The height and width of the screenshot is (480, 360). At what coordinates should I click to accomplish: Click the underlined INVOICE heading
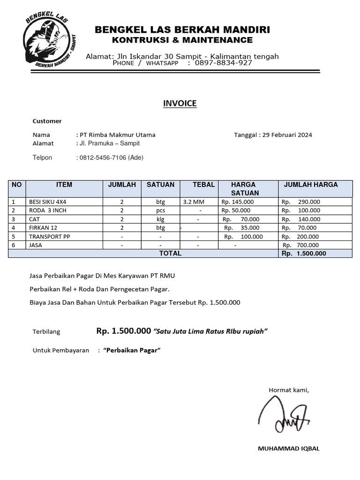coord(180,104)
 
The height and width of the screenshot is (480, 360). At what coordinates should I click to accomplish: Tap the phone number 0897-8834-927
coord(224,63)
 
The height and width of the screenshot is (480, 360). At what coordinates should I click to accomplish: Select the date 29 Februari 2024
coord(287,135)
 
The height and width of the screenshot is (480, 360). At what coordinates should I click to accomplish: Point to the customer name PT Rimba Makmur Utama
coord(118,135)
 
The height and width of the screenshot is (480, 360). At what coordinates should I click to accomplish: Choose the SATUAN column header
coord(160,185)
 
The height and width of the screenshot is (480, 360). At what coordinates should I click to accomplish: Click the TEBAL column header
coord(203,185)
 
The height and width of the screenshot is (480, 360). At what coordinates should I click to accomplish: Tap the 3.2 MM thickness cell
coord(194,202)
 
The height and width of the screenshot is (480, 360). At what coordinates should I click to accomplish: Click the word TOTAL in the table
coord(170,254)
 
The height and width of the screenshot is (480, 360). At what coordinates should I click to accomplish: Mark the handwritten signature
coord(284,414)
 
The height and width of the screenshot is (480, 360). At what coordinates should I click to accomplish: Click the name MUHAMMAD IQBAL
coord(288,449)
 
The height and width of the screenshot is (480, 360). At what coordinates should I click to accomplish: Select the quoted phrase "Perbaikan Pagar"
coord(132,351)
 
